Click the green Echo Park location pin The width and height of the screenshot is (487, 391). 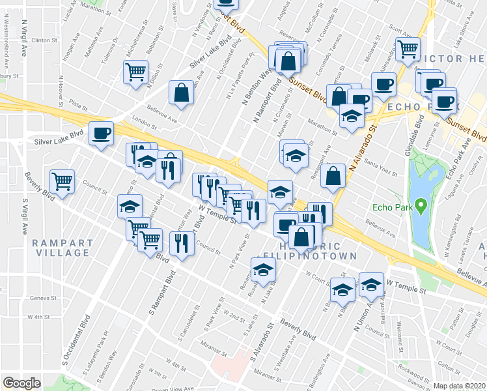421,207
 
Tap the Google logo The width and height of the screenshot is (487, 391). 21,383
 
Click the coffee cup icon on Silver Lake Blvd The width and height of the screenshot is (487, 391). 101,133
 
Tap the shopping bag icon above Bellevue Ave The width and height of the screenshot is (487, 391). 181,93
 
